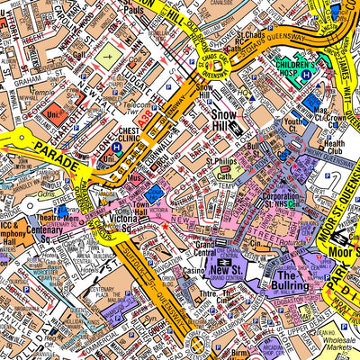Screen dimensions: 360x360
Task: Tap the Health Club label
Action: (333, 149)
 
